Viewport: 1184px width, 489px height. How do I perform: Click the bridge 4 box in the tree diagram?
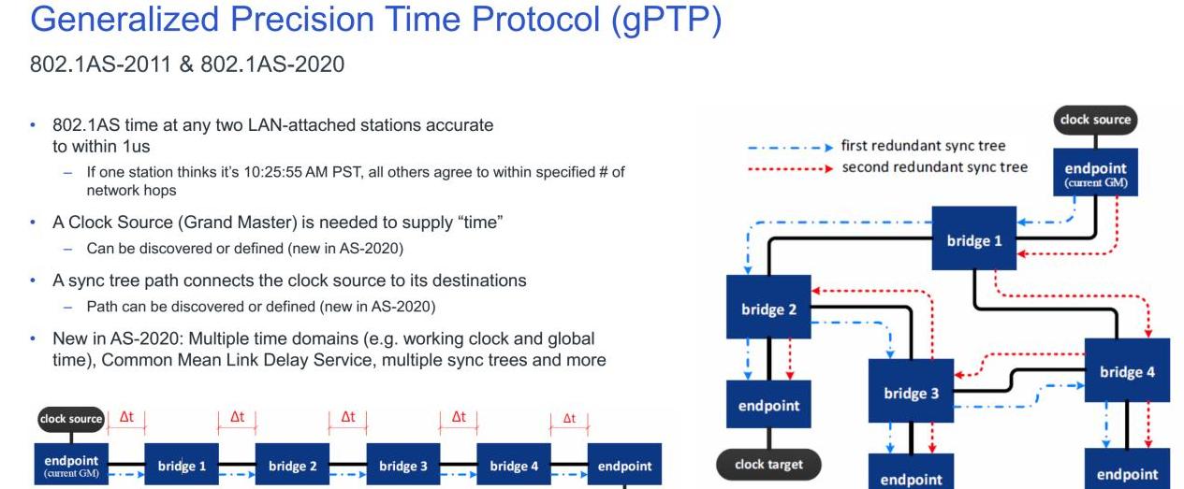coord(1127,371)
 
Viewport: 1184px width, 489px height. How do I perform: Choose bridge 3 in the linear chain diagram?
coord(403,466)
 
